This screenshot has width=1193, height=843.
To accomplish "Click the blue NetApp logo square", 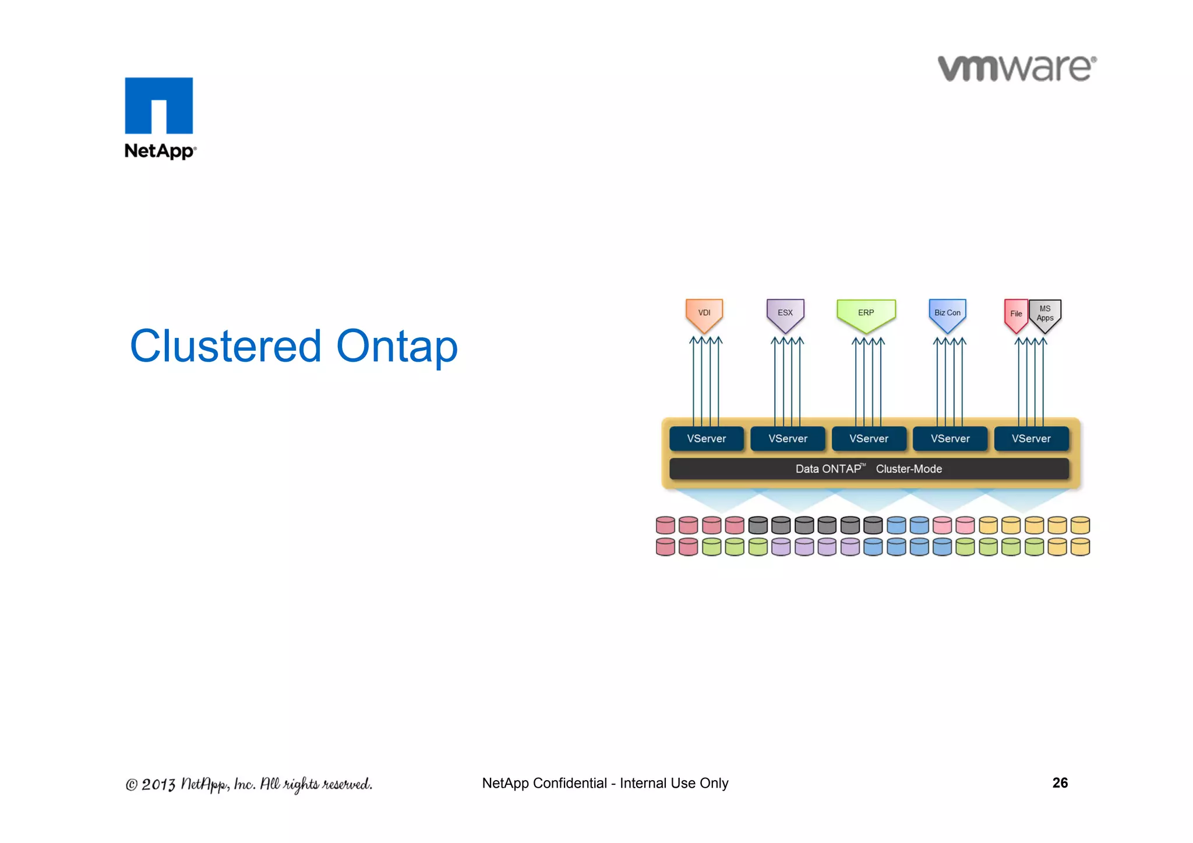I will tap(158, 105).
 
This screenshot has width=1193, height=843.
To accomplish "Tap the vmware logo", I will tap(1016, 68).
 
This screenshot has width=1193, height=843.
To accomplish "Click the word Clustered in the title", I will tap(225, 346).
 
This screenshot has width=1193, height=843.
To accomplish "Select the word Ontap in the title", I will tap(397, 346).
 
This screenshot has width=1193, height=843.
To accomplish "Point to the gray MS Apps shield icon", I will tap(1046, 315).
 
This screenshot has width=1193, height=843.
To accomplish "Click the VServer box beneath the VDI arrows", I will tap(706, 439).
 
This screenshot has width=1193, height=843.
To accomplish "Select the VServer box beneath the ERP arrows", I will tap(869, 439).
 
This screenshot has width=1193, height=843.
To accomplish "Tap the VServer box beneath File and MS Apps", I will tap(1031, 439).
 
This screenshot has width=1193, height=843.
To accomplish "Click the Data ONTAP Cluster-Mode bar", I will tap(869, 469).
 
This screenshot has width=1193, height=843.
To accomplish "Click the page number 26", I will tap(1060, 782).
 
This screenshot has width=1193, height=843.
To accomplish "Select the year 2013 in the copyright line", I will tap(158, 784).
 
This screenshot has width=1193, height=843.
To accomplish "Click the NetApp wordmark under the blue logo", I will tap(160, 151).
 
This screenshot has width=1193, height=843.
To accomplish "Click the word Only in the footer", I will tap(714, 783).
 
